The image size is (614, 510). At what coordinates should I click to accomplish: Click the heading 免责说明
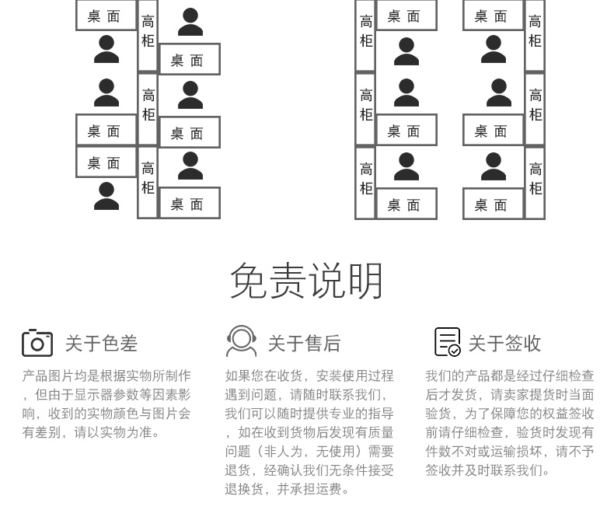point(306,281)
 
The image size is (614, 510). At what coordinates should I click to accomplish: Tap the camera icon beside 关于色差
point(37,343)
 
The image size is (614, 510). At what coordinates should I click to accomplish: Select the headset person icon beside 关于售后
point(241,341)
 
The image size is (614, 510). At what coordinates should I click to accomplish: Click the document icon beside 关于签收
point(447,342)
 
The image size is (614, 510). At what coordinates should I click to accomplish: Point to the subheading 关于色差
point(101,344)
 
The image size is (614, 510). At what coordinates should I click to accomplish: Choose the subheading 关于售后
point(304,344)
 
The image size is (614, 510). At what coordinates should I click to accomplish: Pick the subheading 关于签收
point(504,344)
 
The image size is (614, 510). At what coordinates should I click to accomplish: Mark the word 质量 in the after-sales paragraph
point(381,432)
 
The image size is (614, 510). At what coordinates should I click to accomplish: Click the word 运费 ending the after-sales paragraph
point(329,489)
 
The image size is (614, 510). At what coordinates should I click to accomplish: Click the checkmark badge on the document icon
point(454,350)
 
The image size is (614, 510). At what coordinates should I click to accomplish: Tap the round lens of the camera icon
point(37,344)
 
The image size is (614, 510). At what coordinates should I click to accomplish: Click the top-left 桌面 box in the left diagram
point(106,16)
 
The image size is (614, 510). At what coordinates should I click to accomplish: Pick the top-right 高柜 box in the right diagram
point(535,35)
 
